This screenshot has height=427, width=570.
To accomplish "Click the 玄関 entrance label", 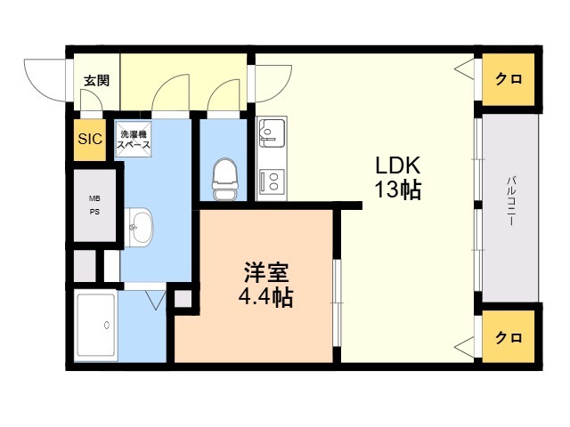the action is (x=97, y=81).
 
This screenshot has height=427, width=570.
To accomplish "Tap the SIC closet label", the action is (x=90, y=139).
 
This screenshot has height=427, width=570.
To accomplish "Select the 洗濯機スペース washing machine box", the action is (x=134, y=139).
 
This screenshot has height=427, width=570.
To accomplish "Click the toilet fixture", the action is (x=225, y=179).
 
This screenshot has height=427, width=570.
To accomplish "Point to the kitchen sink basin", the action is (x=271, y=133).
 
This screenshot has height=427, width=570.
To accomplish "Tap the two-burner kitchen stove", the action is (x=271, y=181).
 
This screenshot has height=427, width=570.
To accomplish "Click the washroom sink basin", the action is (x=139, y=228).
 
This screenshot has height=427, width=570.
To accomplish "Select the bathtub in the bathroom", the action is (x=95, y=325).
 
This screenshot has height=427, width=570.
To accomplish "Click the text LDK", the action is (x=398, y=165).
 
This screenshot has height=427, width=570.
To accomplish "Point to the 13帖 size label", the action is (x=398, y=189).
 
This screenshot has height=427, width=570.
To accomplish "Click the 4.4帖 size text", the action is (x=265, y=297).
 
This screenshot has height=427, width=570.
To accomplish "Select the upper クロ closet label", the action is (x=509, y=79).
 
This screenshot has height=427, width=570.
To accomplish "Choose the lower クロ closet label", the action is (x=509, y=338).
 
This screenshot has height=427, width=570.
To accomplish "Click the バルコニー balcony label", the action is (x=511, y=200).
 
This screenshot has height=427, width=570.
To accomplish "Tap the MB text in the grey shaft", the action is (x=94, y=198).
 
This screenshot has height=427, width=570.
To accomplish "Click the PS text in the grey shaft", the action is (x=94, y=212).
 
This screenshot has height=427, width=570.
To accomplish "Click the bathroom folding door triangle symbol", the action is (x=156, y=300).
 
